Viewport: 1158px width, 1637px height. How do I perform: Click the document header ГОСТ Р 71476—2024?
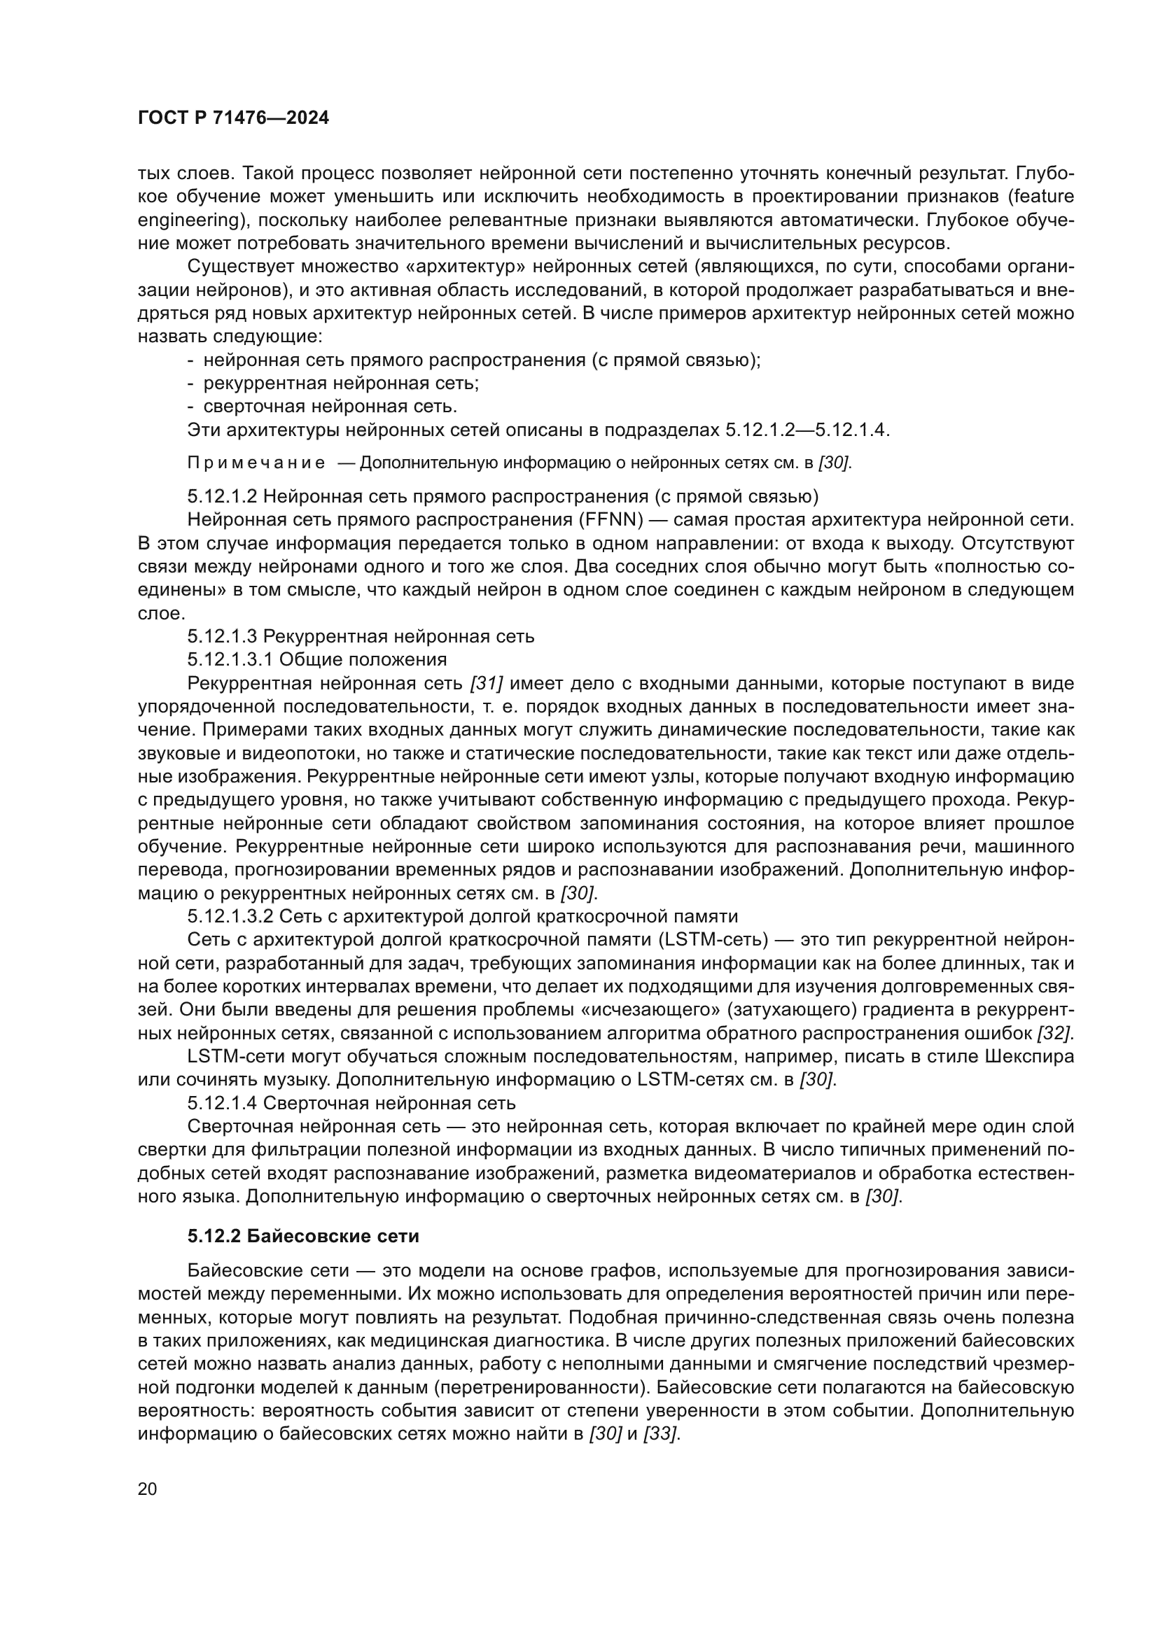233,118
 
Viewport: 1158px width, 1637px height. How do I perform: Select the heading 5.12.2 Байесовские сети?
303,1236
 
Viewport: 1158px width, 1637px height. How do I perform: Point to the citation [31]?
487,684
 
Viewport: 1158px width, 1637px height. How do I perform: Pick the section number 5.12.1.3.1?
228,659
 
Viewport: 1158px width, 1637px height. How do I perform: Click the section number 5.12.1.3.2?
228,916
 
